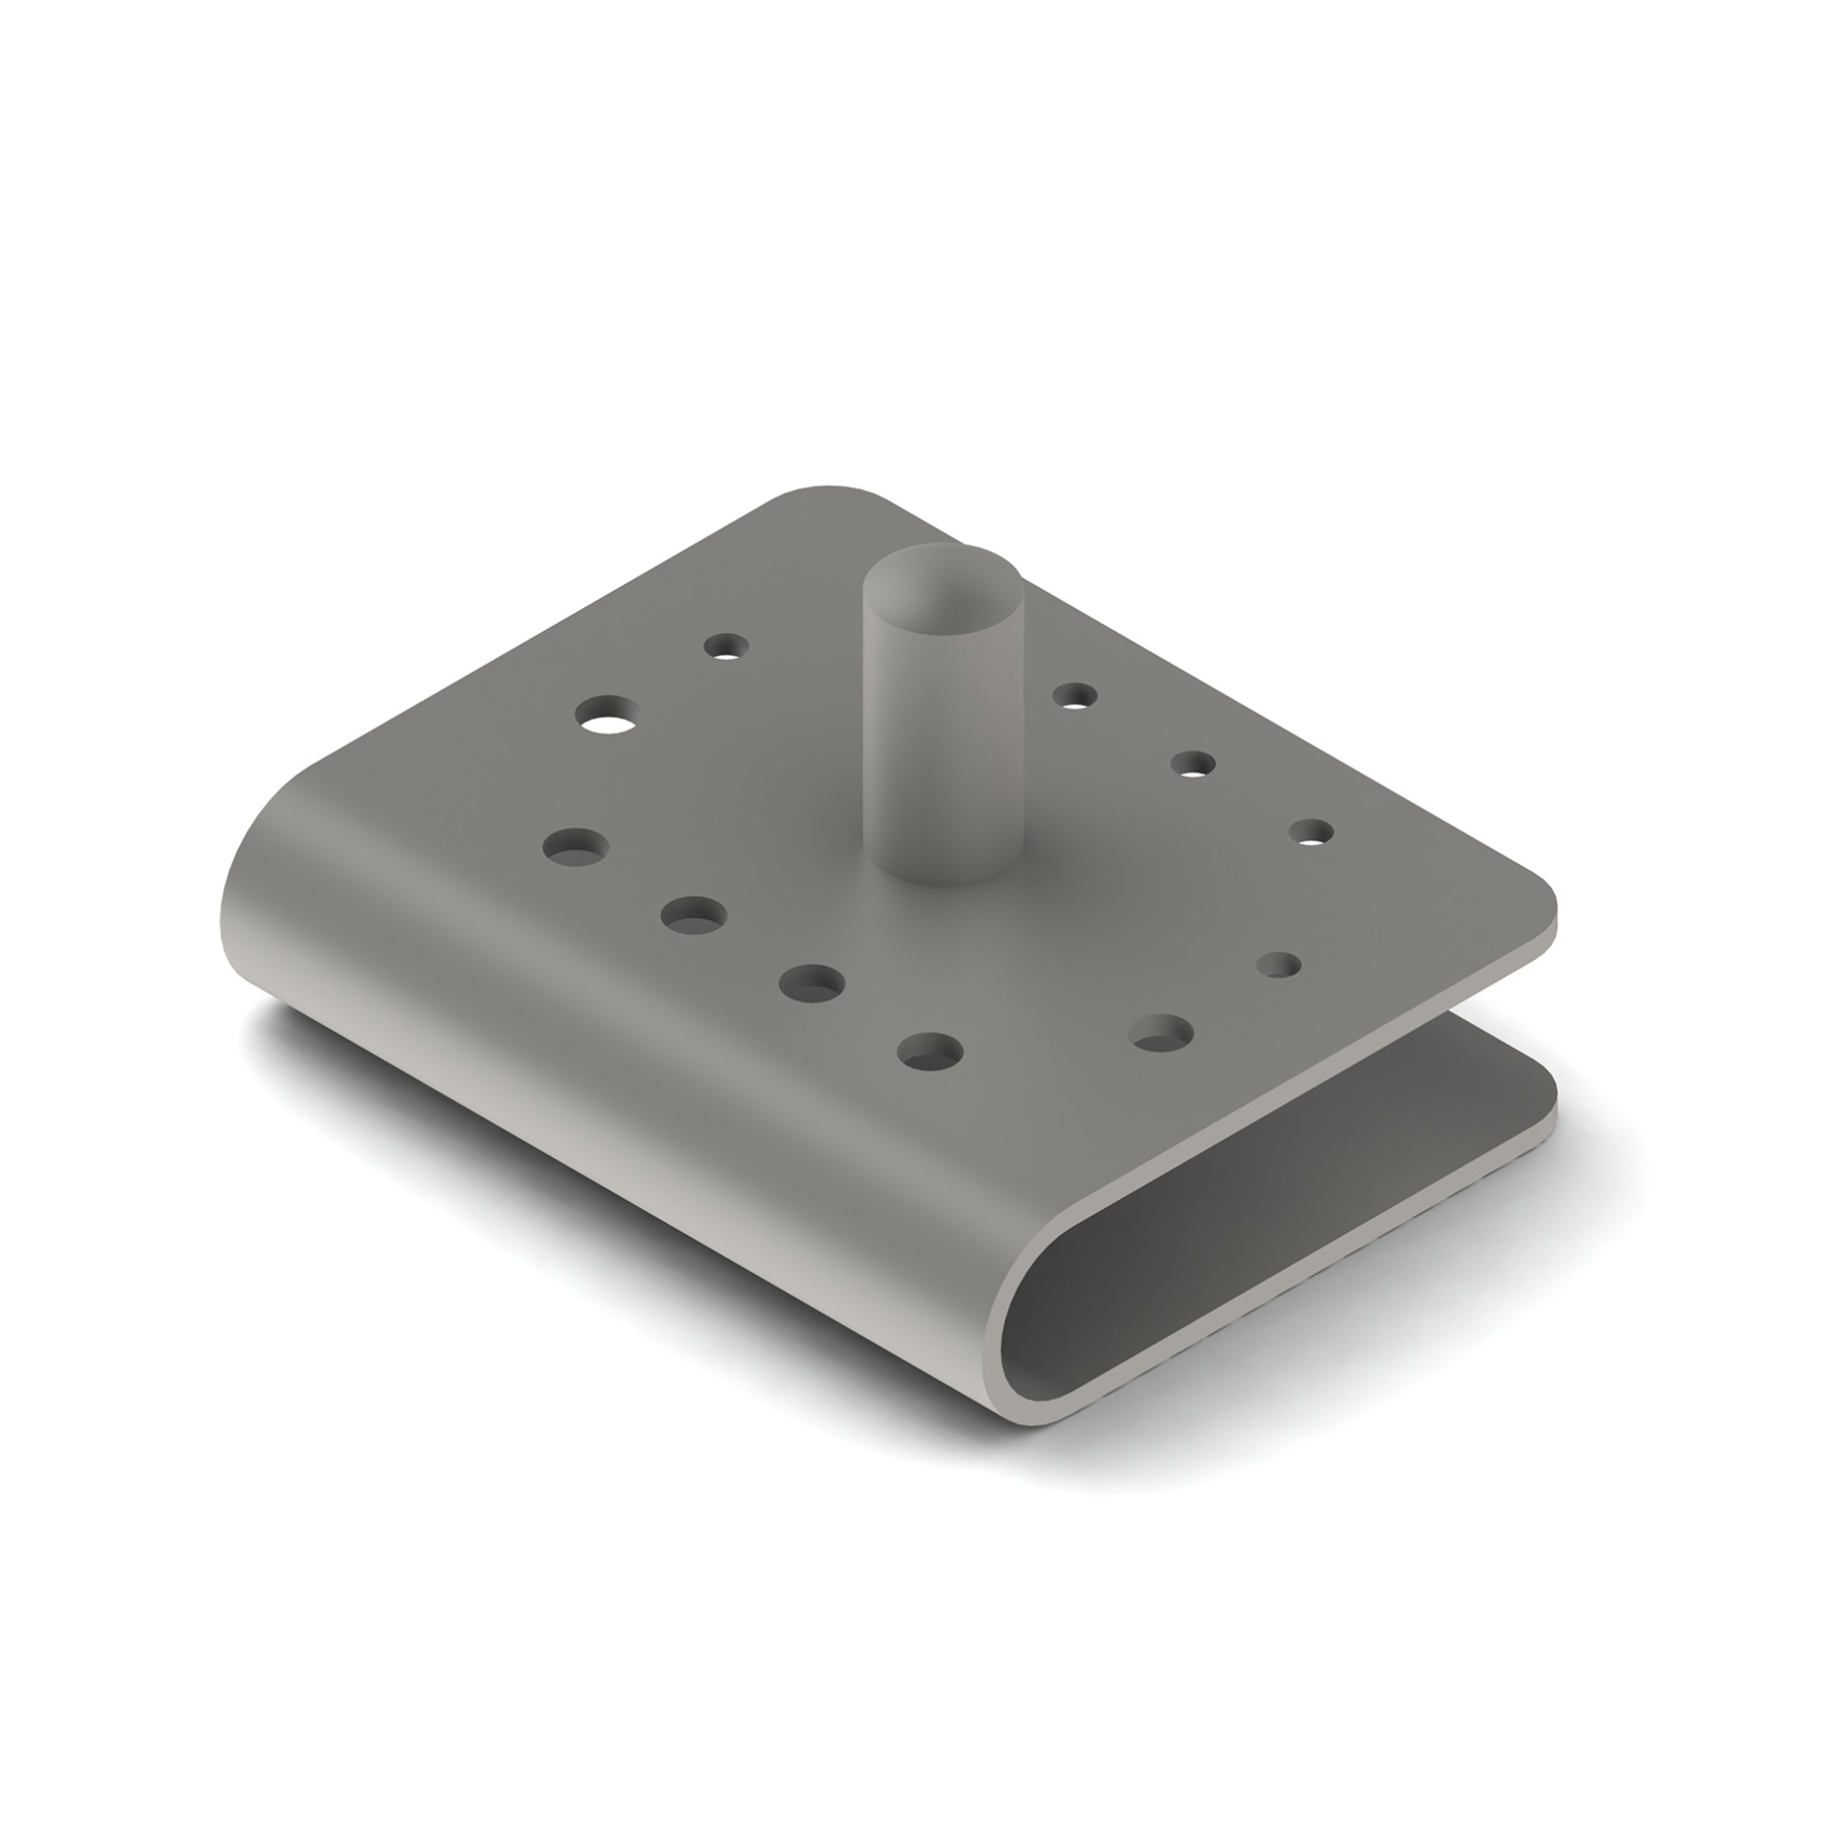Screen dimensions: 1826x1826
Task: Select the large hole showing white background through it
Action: coord(609,716)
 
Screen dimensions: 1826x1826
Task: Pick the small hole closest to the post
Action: coord(1073,695)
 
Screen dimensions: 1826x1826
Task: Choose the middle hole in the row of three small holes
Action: coord(1192,764)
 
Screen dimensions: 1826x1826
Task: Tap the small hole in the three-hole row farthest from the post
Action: coord(1311,832)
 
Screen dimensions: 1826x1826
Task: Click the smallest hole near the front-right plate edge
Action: coord(1279,965)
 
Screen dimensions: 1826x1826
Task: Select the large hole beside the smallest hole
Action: coord(1162,1033)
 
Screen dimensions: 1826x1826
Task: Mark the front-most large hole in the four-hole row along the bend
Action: coord(929,1051)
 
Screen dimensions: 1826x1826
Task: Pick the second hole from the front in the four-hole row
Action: coord(810,983)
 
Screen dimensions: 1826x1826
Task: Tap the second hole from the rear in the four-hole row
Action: coord(694,914)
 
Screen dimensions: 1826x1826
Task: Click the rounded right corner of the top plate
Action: coord(1540,902)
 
